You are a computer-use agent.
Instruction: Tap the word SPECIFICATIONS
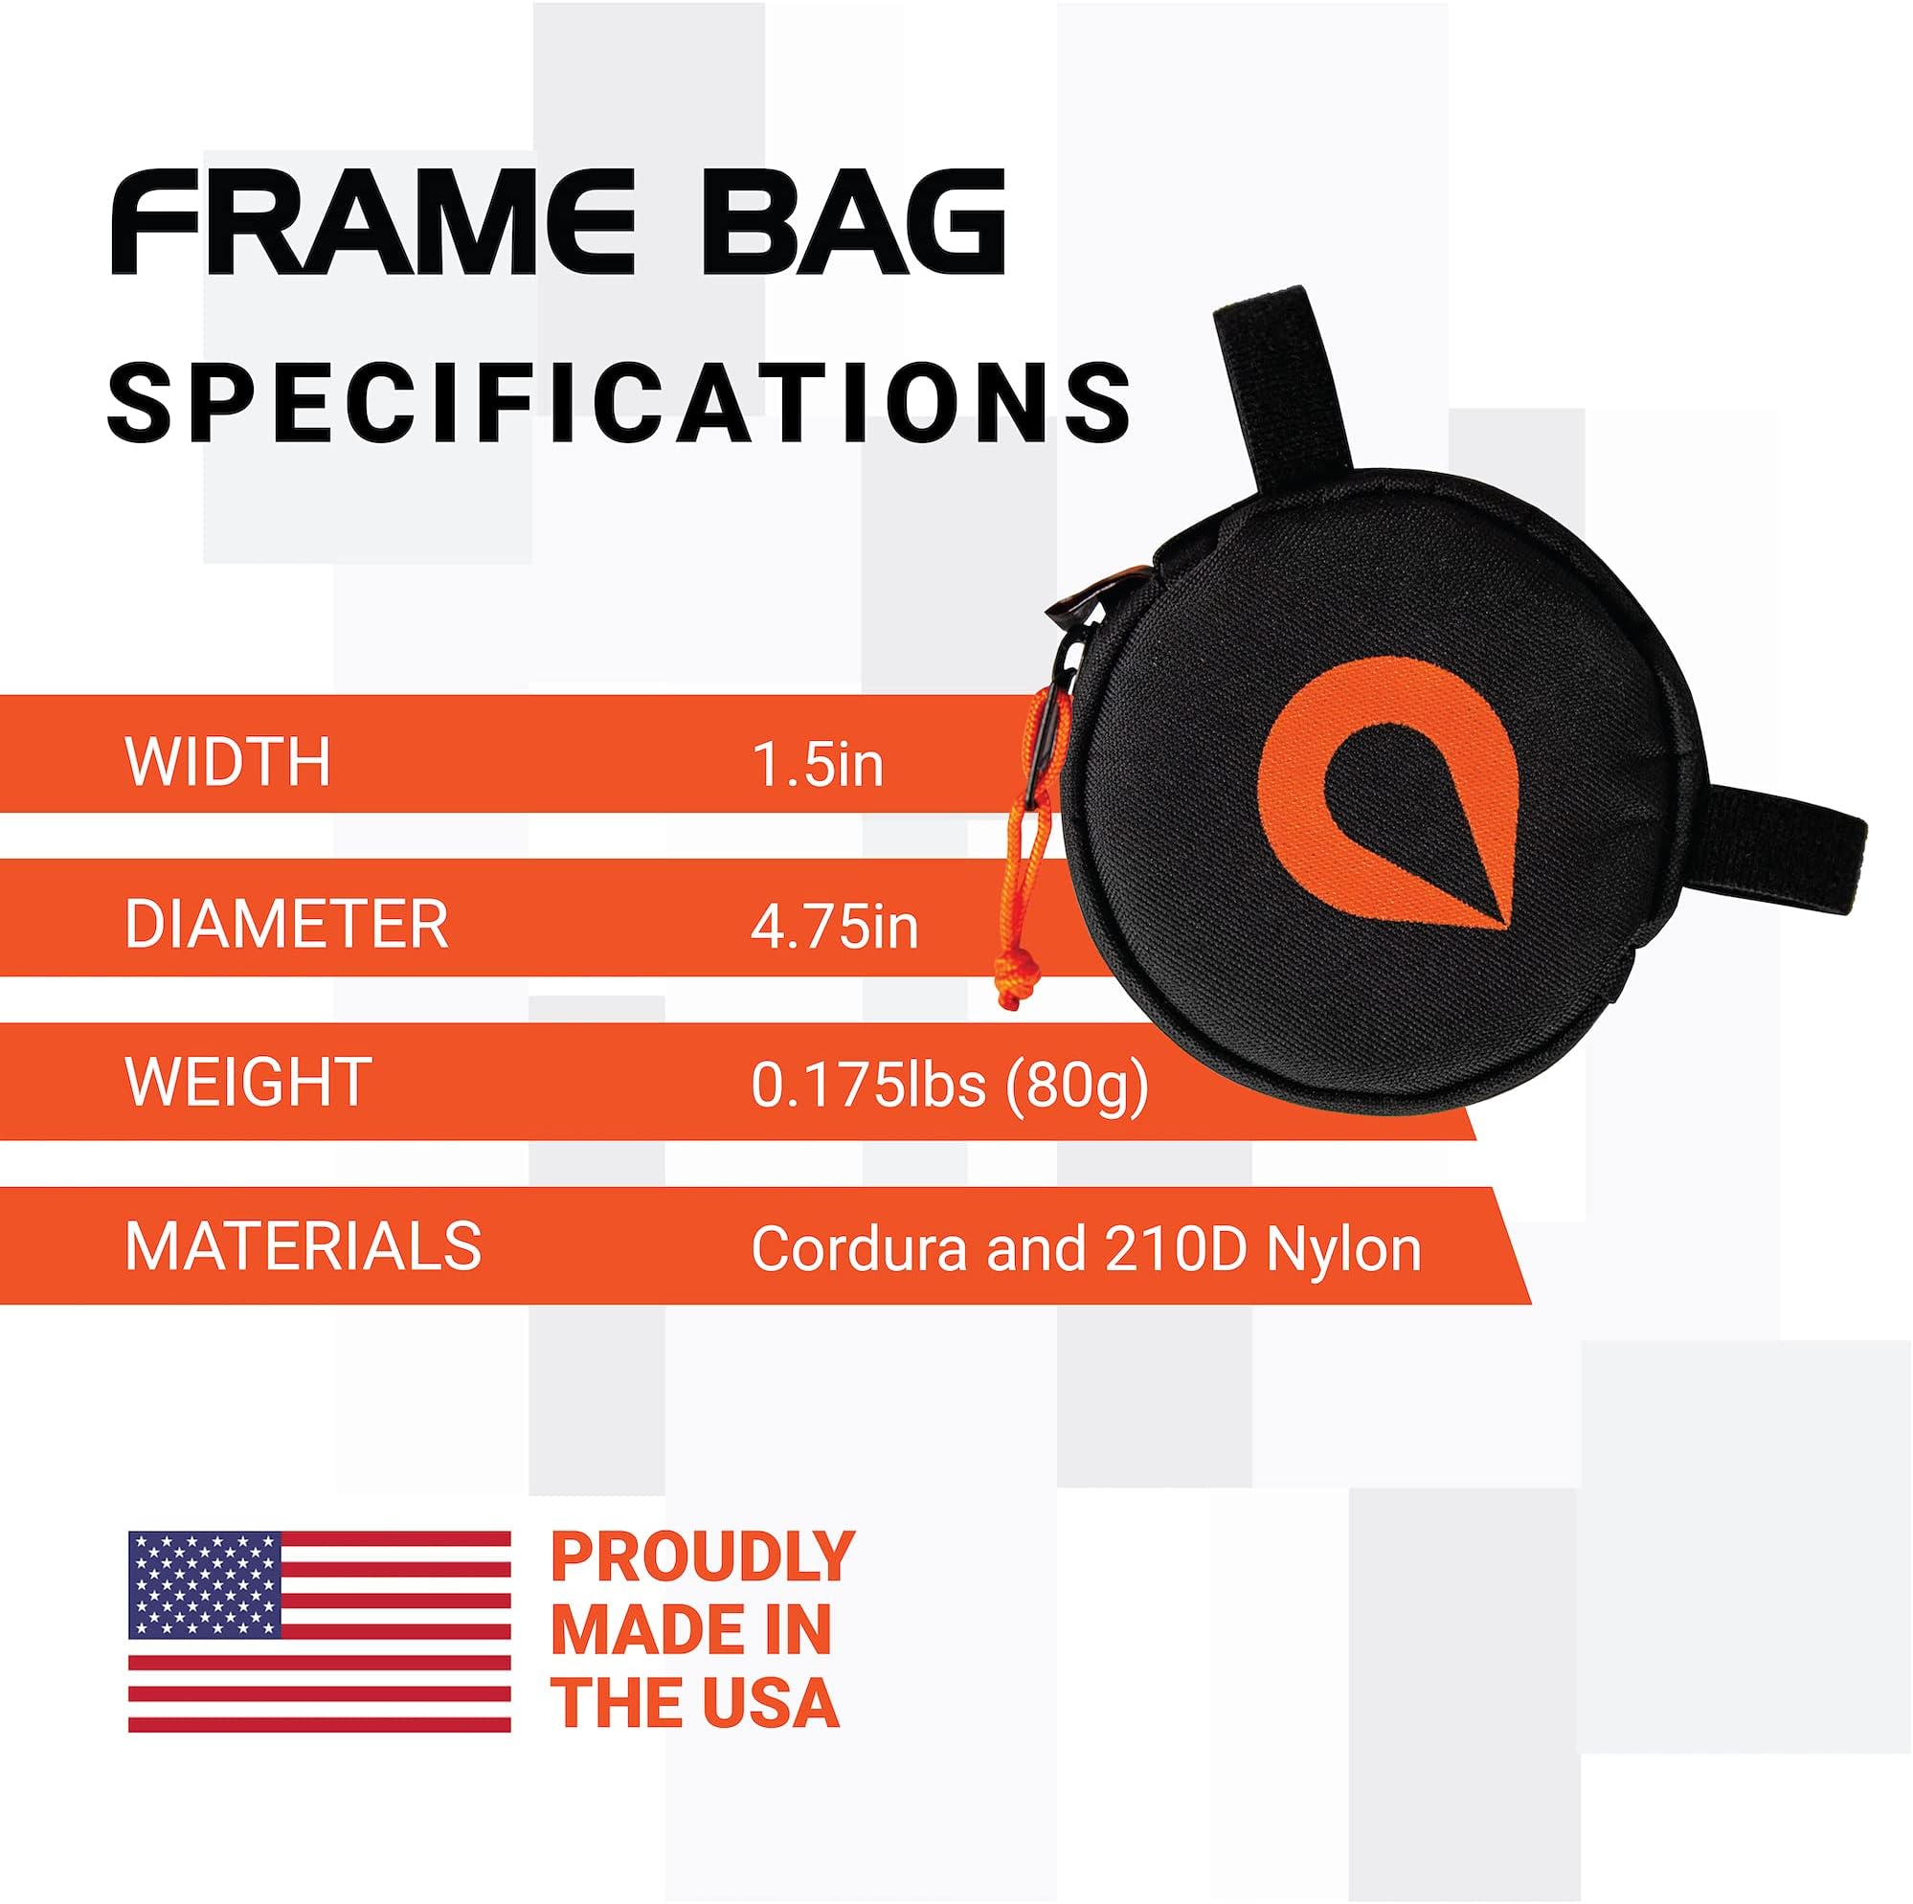(619, 401)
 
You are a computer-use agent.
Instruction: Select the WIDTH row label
(228, 761)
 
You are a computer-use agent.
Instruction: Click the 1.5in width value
(818, 764)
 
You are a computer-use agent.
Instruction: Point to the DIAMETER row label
(286, 924)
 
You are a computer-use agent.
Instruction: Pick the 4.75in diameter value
(835, 927)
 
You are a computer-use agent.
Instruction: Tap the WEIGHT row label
(248, 1083)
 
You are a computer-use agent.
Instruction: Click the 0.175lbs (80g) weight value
(950, 1086)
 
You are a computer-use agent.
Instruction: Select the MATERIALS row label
(303, 1245)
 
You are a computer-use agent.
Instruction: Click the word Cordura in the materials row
(859, 1248)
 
